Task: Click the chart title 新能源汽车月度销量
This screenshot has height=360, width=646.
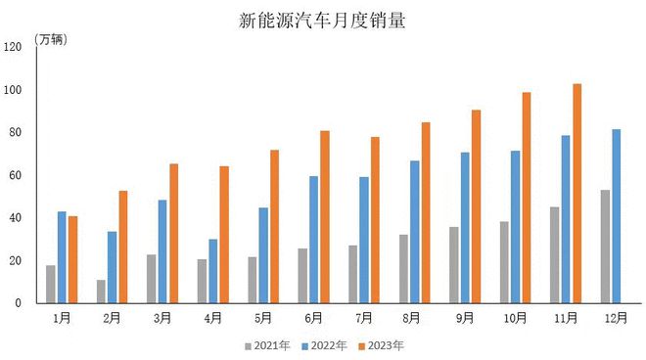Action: (x=322, y=20)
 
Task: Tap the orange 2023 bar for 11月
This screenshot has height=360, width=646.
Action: (x=577, y=194)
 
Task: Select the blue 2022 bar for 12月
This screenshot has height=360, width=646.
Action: (x=617, y=216)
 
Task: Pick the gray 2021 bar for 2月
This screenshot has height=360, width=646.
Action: (x=101, y=292)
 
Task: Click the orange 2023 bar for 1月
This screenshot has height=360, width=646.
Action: (x=73, y=259)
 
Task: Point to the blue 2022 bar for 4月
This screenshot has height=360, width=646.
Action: (x=212, y=271)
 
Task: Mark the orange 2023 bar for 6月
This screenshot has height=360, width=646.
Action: (x=325, y=216)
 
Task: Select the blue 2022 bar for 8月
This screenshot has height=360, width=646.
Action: (x=415, y=232)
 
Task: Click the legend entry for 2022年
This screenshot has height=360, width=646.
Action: (x=324, y=345)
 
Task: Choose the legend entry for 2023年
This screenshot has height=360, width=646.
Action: (x=381, y=345)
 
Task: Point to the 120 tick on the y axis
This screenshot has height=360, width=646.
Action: (x=13, y=47)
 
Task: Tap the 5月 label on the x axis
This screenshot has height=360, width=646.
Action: (x=263, y=318)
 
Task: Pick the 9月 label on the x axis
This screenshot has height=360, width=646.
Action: (x=465, y=318)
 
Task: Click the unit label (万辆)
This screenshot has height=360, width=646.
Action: (x=51, y=39)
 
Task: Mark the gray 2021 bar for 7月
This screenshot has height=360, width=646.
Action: (x=352, y=274)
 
